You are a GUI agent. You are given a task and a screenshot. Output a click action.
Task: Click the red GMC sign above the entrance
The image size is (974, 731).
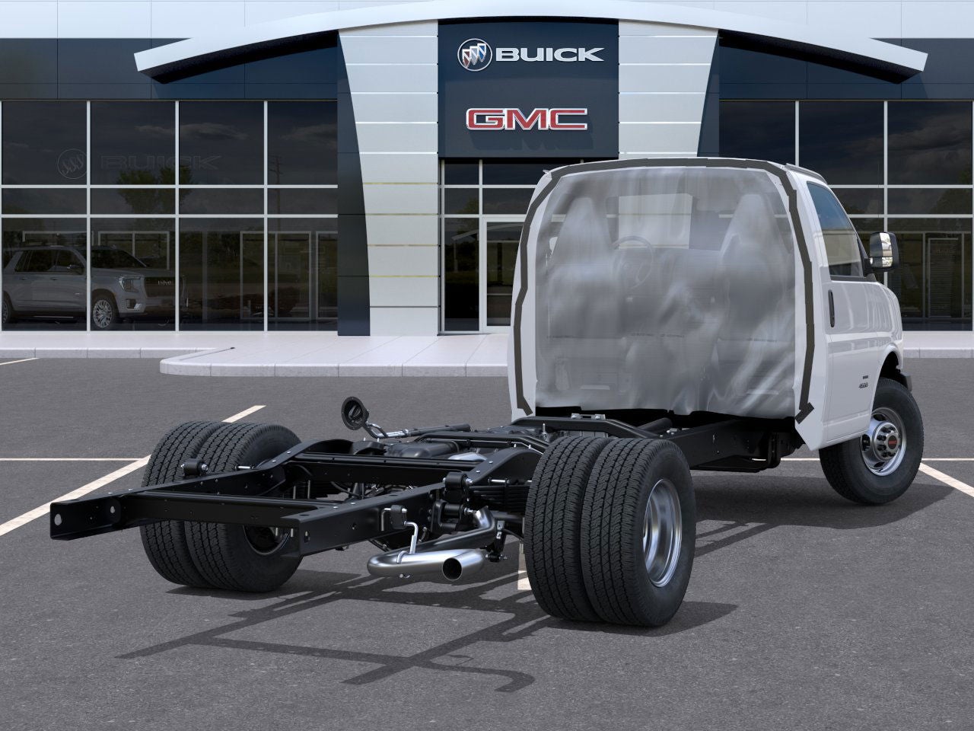click(x=527, y=119)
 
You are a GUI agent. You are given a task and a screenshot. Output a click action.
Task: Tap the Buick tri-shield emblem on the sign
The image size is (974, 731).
click(x=474, y=54)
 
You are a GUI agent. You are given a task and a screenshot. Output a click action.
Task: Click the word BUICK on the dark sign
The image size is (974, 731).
click(x=549, y=54)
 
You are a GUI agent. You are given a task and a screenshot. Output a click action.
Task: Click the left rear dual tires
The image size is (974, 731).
click(x=221, y=506)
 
